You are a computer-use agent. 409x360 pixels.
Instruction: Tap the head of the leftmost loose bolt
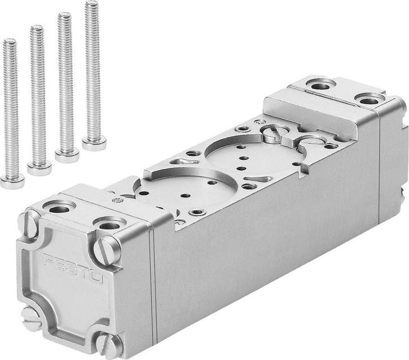pyautogui.click(x=12, y=181)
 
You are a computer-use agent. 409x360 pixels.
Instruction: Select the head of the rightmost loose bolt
pyautogui.click(x=94, y=143)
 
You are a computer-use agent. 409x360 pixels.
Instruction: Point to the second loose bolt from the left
pyautogui.click(x=38, y=96)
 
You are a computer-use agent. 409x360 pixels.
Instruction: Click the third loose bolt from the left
pyautogui.click(x=66, y=85)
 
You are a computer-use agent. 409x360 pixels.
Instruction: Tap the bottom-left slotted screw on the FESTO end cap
pyautogui.click(x=30, y=318)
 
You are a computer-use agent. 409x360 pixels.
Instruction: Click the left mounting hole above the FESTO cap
pyautogui.click(x=58, y=209)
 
